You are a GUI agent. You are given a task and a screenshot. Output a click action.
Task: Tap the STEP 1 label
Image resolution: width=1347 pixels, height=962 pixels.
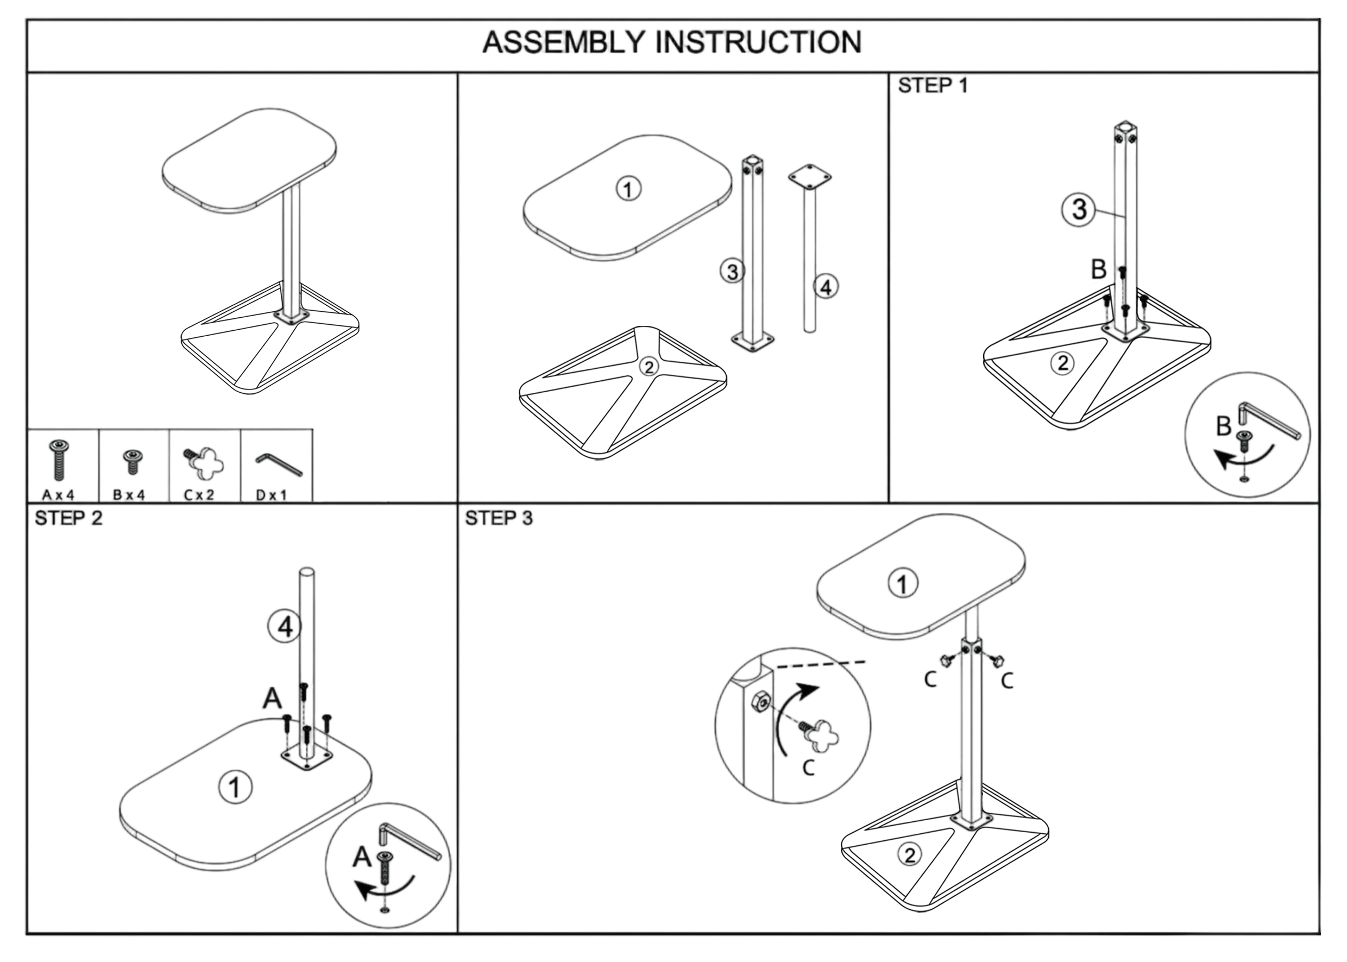tap(933, 86)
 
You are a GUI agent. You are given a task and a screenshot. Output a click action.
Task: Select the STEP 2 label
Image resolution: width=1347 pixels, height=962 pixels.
tap(69, 518)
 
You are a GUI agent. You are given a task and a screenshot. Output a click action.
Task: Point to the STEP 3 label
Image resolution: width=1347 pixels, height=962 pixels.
tap(499, 518)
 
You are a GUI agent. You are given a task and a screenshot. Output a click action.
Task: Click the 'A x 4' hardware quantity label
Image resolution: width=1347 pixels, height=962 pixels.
tap(59, 495)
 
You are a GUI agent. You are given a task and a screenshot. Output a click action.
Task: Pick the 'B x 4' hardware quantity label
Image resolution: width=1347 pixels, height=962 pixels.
tap(129, 495)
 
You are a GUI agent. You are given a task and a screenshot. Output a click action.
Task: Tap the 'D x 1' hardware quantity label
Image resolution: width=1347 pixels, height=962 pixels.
tap(271, 495)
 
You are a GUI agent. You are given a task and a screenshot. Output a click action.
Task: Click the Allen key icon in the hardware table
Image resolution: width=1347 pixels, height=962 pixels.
tap(279, 464)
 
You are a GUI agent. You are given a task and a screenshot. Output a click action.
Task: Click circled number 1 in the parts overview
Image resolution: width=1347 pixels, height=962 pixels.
tap(628, 190)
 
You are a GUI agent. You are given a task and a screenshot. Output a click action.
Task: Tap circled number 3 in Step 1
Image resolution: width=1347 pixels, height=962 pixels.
tap(1079, 210)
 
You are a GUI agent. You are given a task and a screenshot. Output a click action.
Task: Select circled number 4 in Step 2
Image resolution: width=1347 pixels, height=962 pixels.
tap(285, 627)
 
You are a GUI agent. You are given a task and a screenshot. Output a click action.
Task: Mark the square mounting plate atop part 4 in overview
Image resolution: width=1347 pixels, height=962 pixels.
tap(809, 177)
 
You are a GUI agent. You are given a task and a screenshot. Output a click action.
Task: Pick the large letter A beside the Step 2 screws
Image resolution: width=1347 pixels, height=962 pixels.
tap(272, 699)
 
